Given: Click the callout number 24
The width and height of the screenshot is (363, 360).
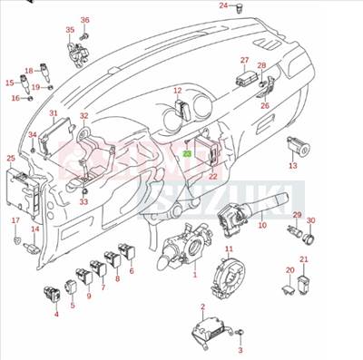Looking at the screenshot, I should [223, 5].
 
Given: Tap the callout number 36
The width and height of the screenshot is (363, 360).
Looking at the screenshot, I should [85, 20].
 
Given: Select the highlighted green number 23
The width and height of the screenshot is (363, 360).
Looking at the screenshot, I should [187, 154].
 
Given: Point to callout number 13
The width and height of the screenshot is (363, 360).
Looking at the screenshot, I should [292, 167].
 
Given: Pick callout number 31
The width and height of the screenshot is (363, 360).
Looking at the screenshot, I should [54, 113].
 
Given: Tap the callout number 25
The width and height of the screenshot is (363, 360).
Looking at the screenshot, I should [11, 159].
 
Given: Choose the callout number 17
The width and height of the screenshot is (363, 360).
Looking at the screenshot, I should [15, 220].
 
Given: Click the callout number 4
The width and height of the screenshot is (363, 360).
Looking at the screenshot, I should [56, 314].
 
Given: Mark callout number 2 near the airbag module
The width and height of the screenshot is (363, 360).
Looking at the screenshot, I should [201, 308].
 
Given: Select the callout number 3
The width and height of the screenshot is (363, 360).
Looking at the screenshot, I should [241, 350].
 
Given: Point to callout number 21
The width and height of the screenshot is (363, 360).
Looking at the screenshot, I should [304, 259].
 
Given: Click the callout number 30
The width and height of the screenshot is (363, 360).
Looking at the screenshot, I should [310, 220].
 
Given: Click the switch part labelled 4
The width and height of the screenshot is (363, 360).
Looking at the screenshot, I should [52, 293].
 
